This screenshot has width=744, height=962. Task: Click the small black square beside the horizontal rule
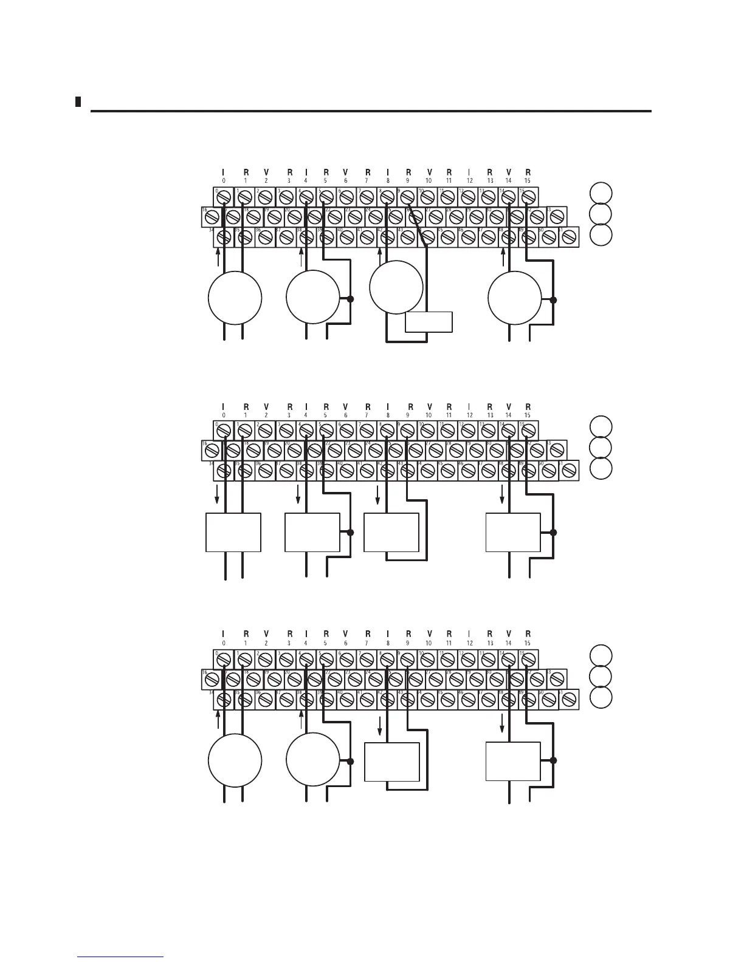tap(78, 101)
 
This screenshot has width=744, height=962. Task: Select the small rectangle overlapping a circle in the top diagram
tap(429, 322)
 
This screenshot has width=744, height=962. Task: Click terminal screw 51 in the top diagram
tap(569, 237)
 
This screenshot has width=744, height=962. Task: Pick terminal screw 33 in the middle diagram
tap(557, 450)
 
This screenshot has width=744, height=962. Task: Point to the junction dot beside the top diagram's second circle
tap(350, 299)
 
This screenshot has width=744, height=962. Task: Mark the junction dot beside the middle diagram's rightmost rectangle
tap(553, 533)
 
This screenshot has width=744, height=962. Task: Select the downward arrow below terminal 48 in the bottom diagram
tap(503, 723)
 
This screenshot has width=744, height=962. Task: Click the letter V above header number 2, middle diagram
tap(266, 406)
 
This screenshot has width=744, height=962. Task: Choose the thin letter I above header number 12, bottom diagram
tap(469, 634)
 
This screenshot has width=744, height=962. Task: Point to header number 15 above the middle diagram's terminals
tap(528, 415)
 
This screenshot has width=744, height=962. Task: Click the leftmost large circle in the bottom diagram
tap(235, 760)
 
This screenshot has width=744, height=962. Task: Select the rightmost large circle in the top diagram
tap(515, 299)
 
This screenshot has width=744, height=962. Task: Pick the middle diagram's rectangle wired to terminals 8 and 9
tap(391, 532)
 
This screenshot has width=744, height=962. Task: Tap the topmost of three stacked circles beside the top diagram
tap(601, 193)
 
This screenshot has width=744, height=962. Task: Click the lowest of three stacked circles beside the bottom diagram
tap(601, 698)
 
